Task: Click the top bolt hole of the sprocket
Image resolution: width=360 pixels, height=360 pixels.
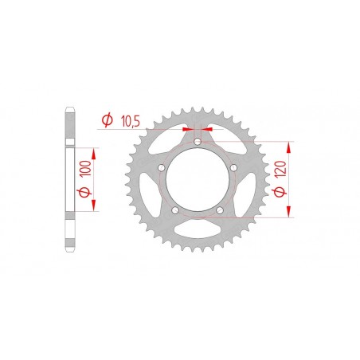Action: (198, 143)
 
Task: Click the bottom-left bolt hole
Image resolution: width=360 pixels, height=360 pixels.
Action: (174, 210)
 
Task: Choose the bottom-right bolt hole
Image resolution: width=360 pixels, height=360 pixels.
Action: (220, 210)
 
